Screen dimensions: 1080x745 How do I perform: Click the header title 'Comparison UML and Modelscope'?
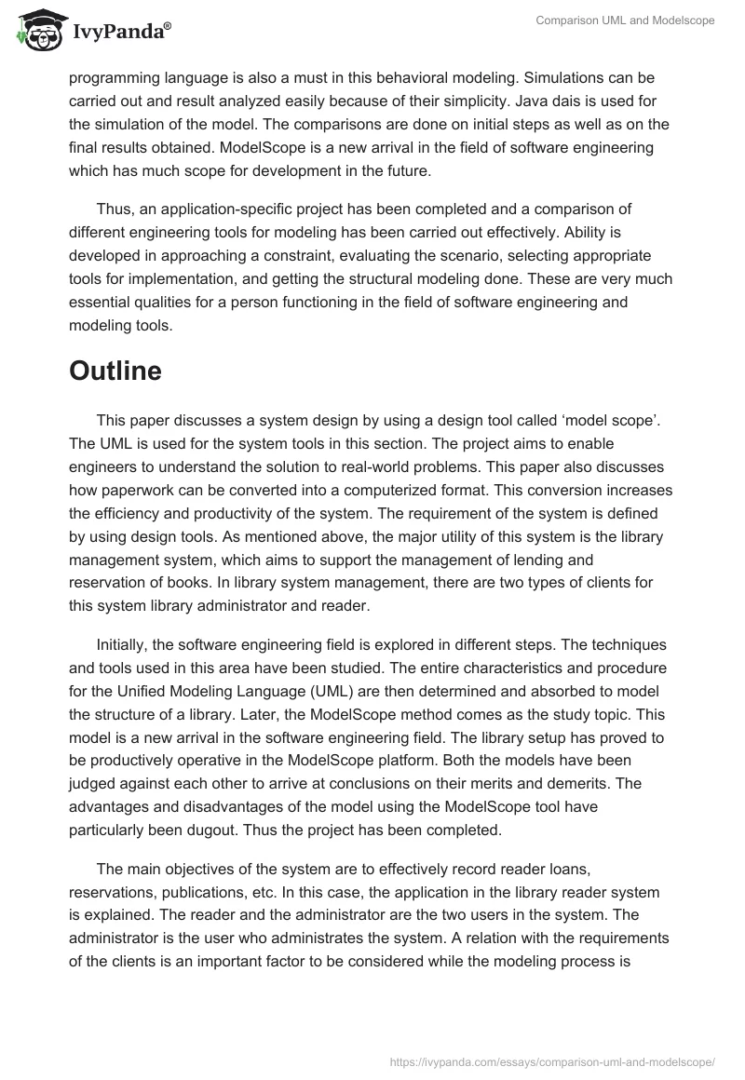[x=625, y=20]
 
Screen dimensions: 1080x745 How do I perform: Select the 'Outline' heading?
[x=115, y=370]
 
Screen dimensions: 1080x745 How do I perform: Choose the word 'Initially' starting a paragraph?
[x=125, y=645]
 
